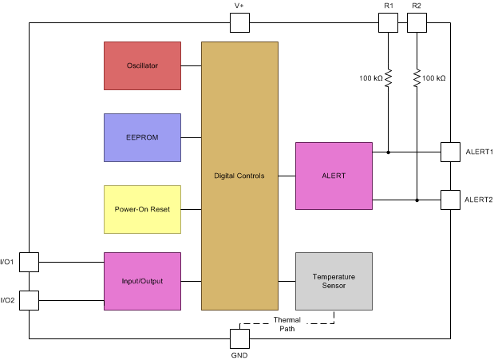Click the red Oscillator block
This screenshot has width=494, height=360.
tap(142, 65)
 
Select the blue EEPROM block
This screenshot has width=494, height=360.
tap(142, 137)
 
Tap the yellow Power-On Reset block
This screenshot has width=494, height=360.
tap(142, 209)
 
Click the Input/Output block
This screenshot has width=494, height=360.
tap(142, 281)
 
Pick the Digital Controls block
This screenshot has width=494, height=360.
tap(239, 176)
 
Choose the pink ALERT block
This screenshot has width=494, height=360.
tap(334, 176)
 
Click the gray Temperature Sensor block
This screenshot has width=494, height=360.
tap(334, 281)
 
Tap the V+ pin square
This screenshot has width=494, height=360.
tap(239, 22)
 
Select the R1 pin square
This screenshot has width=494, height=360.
tap(388, 22)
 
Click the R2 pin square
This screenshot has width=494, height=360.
tap(417, 22)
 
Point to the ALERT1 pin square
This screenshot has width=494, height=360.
tap(451, 152)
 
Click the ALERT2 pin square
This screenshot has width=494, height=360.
tap(451, 200)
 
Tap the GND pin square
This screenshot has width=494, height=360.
tap(239, 338)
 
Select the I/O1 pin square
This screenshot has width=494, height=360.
tap(29, 262)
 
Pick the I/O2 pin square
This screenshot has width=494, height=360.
tap(29, 300)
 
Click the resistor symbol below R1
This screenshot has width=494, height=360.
tap(388, 78)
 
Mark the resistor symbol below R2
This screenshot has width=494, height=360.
tap(417, 78)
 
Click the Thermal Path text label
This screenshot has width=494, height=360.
tap(287, 324)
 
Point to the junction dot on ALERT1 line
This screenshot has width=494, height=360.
tap(388, 152)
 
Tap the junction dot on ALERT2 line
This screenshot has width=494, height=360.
tap(417, 200)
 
